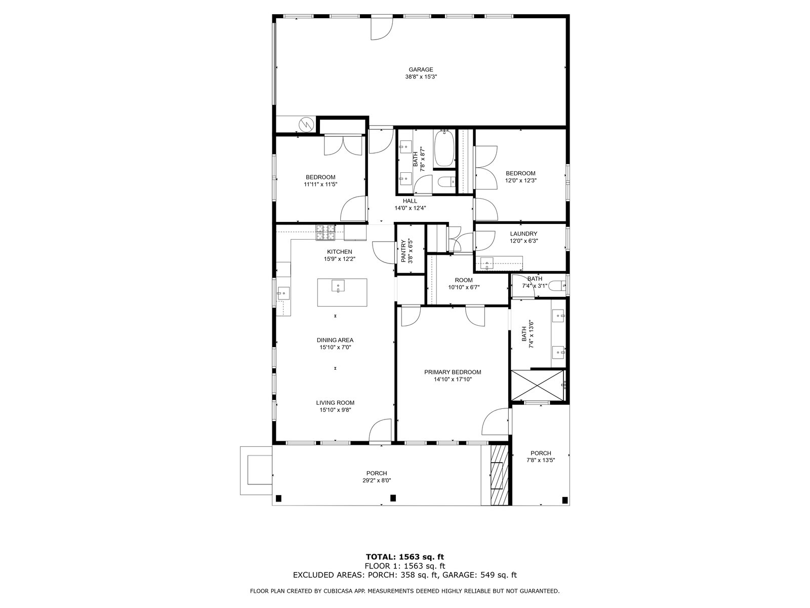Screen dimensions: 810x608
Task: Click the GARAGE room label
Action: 420,69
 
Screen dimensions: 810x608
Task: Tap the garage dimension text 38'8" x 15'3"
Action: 421,77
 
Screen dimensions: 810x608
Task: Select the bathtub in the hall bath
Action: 444,148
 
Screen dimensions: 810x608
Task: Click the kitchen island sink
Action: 338,286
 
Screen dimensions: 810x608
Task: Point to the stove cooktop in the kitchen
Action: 325,233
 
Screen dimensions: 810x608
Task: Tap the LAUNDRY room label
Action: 523,234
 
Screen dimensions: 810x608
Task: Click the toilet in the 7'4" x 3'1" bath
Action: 557,285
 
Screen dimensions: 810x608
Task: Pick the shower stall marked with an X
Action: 538,386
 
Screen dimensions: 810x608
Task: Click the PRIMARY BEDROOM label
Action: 453,372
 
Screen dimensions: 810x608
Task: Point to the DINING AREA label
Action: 335,340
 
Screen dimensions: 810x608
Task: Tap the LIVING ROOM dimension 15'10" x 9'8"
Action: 335,410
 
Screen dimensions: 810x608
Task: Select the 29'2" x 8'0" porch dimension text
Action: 377,480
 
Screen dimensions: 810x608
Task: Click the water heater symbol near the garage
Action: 306,124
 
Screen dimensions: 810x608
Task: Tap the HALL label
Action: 410,201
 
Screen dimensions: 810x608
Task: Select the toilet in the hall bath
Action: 447,181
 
